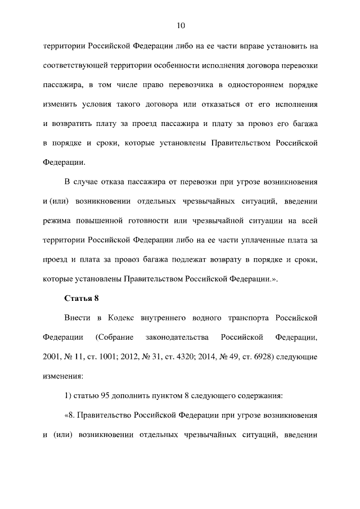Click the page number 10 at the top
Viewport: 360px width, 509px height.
[x=180, y=25]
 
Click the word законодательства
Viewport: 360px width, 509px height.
[x=176, y=337]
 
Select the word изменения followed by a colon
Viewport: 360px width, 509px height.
[x=62, y=376]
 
